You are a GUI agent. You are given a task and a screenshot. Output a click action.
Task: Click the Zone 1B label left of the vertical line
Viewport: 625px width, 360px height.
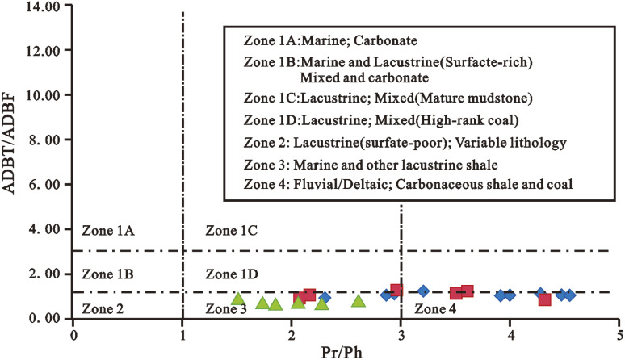(108, 274)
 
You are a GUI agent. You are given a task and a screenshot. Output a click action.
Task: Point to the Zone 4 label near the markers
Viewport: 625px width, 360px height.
(435, 309)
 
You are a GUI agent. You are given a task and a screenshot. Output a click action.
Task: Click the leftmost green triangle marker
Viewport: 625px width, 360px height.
(238, 299)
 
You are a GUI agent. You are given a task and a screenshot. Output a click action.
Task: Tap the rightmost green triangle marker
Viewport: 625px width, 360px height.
(359, 301)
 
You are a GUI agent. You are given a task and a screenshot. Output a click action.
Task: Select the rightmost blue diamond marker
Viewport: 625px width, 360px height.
(570, 295)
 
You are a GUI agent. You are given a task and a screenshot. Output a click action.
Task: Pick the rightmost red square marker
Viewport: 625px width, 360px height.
(545, 299)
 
